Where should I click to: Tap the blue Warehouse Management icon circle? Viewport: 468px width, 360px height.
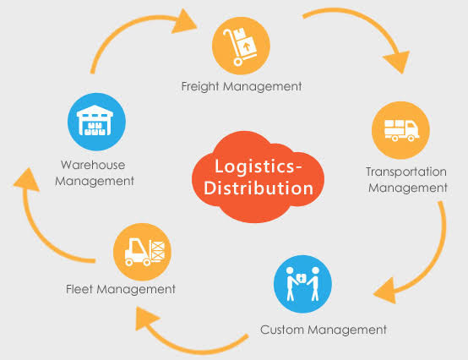pyautogui.click(x=96, y=120)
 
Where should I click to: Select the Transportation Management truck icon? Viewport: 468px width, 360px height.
pyautogui.click(x=400, y=129)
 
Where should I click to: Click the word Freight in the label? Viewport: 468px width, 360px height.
pyautogui.click(x=200, y=85)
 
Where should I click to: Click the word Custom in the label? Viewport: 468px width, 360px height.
pyautogui.click(x=280, y=329)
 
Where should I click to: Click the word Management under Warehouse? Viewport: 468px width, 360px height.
pyautogui.click(x=97, y=180)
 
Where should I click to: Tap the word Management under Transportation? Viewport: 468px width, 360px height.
pyautogui.click(x=406, y=188)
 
